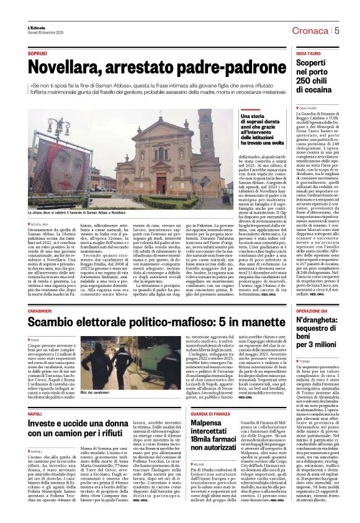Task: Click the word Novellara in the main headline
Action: tap(65, 65)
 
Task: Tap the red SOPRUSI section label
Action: tap(37, 54)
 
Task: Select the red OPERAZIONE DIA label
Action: tap(312, 311)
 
